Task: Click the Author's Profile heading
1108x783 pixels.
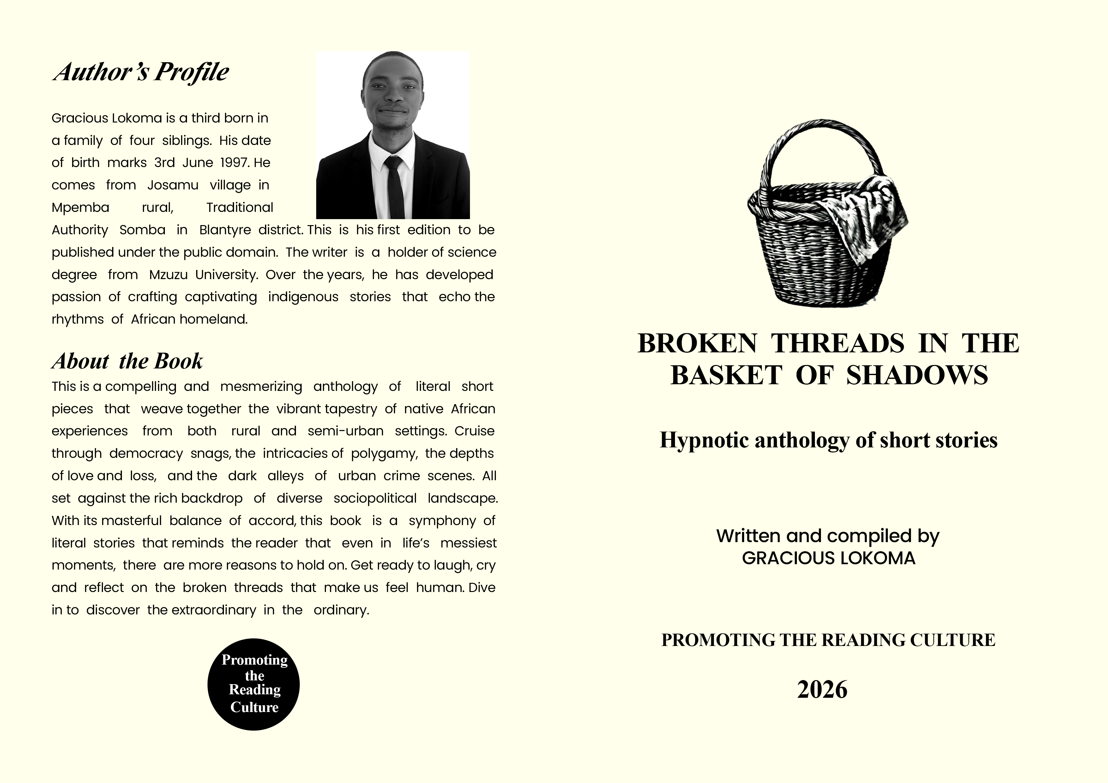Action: (141, 72)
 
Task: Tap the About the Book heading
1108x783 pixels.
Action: (127, 361)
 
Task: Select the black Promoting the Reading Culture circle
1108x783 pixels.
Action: (254, 684)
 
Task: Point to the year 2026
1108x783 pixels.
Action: (822, 689)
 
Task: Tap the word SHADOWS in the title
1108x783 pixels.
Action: (917, 375)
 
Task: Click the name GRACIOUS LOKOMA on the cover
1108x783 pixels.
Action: (828, 558)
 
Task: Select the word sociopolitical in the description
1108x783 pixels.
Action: (375, 498)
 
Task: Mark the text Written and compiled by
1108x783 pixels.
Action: (828, 536)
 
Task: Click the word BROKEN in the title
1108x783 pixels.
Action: (697, 344)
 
